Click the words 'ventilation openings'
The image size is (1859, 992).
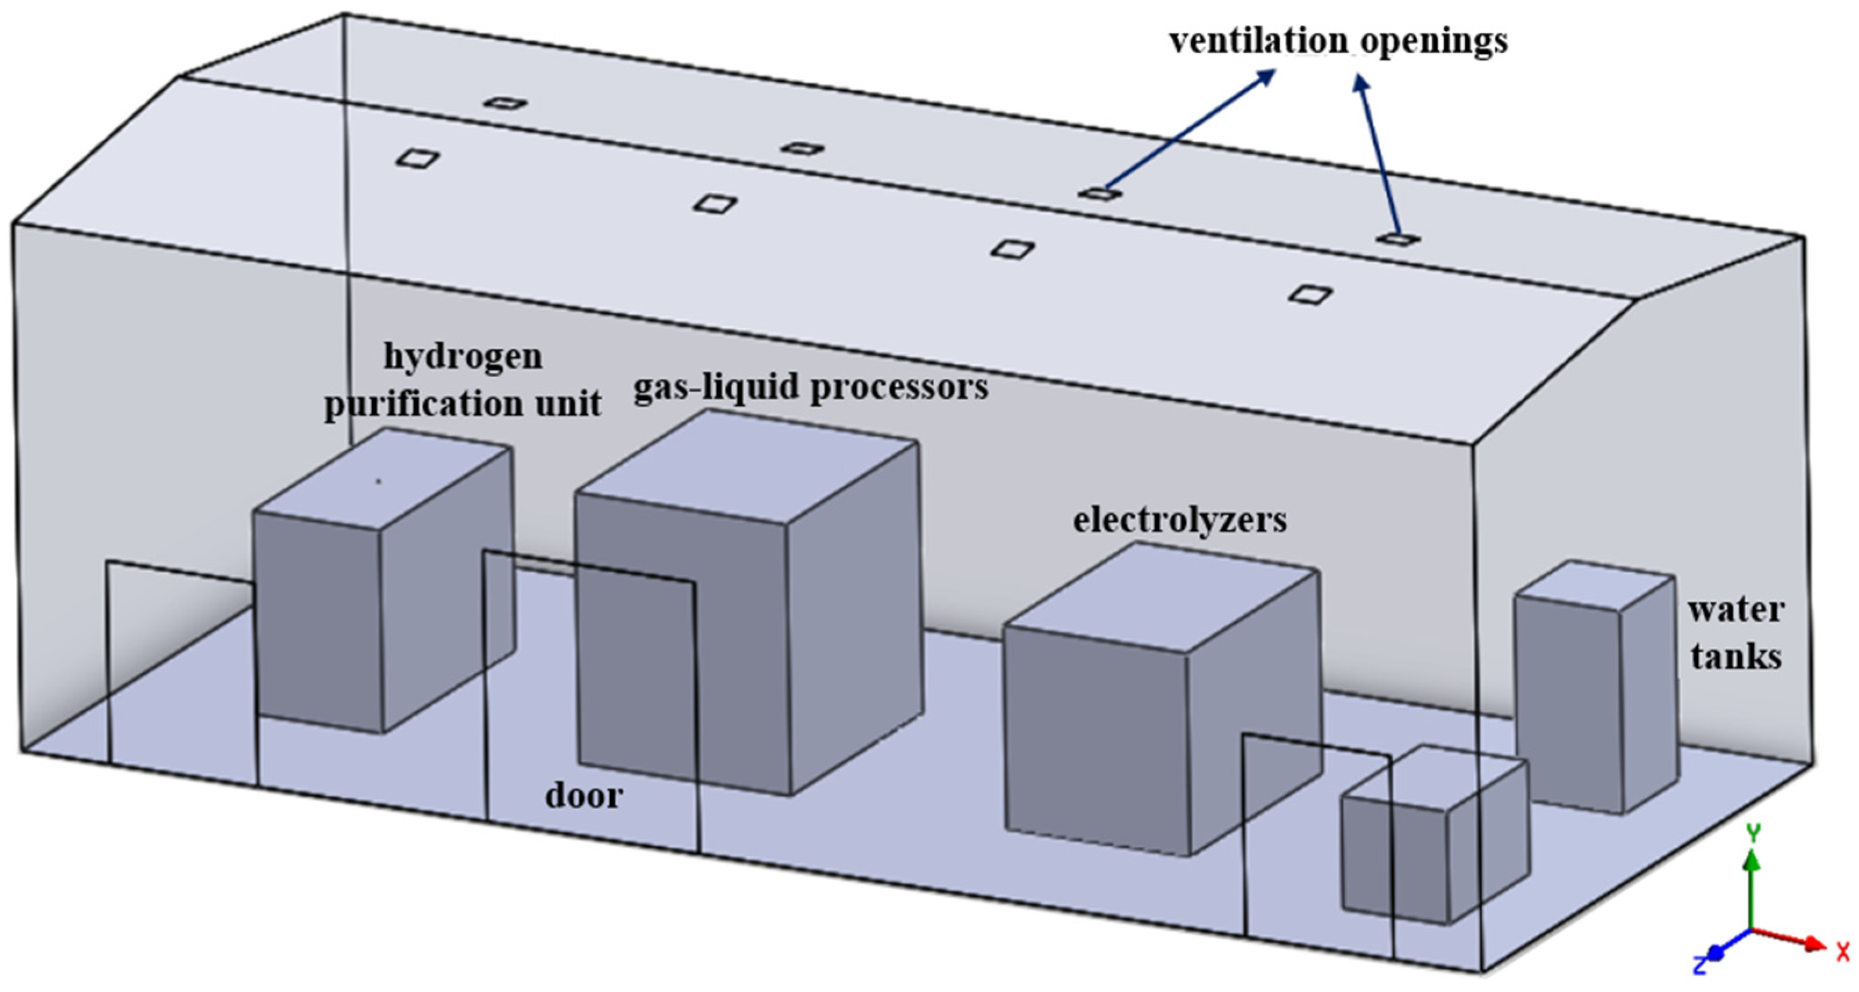[x=1338, y=41]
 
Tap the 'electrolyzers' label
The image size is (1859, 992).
[x=1179, y=520]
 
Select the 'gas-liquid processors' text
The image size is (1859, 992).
[x=810, y=387]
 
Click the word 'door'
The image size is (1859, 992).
[x=583, y=796]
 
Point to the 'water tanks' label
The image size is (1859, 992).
[x=1735, y=633]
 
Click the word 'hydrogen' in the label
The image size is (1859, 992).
[x=463, y=356]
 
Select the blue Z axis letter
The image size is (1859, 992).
[x=1701, y=965]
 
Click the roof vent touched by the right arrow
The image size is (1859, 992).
[x=1397, y=239]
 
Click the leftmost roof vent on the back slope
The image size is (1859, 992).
[x=505, y=103]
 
